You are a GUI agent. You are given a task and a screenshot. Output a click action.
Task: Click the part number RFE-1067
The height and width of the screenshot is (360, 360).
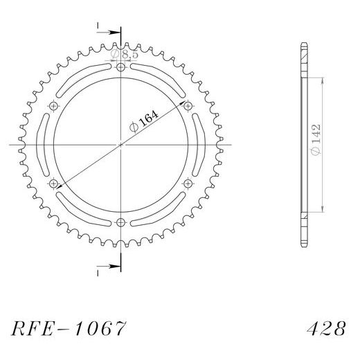pos(69,328)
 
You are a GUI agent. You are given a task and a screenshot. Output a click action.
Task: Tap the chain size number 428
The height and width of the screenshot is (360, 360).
pos(326,328)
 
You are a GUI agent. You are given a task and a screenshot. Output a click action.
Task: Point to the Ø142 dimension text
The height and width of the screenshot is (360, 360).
pos(315,140)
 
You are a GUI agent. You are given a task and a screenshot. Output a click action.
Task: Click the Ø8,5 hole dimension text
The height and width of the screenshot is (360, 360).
pos(124,55)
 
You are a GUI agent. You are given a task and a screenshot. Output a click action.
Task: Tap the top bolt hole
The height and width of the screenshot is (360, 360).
pos(120,68)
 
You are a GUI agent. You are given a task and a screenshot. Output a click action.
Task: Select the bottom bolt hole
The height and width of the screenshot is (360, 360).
pos(120,223)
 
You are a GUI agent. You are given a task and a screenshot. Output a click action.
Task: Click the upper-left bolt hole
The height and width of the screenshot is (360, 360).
pos(53,107)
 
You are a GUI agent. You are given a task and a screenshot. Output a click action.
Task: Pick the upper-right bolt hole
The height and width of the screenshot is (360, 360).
pos(188,107)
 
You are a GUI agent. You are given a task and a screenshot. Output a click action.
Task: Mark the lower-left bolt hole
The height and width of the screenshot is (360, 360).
pos(53,184)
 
